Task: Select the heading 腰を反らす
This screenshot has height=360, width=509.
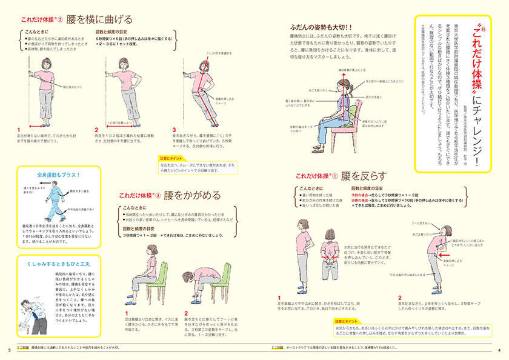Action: coord(362,176)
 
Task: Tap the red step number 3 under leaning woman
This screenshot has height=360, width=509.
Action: coord(175,130)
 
